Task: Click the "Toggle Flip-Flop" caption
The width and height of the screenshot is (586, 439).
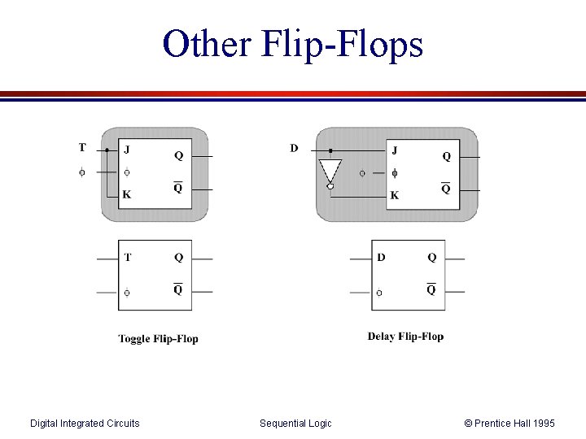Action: (158, 338)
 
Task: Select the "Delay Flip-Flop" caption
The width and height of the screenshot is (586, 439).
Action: (405, 336)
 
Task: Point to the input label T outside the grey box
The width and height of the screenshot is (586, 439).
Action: (82, 147)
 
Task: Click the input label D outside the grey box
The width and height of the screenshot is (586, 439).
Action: (294, 148)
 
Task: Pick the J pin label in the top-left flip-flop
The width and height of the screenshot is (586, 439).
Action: (126, 150)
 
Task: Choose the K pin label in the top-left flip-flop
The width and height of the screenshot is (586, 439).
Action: (126, 194)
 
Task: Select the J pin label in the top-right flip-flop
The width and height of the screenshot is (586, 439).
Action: (395, 150)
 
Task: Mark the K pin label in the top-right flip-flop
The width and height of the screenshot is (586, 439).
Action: (395, 195)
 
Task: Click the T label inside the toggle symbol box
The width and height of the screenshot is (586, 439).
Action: (128, 258)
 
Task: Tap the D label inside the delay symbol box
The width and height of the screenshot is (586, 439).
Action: (381, 258)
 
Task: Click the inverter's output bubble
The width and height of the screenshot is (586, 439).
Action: (330, 187)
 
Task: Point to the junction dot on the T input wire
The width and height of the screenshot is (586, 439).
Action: (107, 150)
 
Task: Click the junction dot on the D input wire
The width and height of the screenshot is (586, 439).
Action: (330, 150)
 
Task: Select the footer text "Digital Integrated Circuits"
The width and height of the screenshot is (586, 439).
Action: (85, 423)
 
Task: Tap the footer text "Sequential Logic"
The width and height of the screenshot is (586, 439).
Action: (295, 423)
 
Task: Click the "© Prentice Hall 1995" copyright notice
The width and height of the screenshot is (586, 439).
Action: (509, 423)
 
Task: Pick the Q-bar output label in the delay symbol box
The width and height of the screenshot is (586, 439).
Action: (431, 289)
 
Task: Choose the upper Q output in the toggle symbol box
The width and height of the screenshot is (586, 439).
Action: (178, 258)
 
